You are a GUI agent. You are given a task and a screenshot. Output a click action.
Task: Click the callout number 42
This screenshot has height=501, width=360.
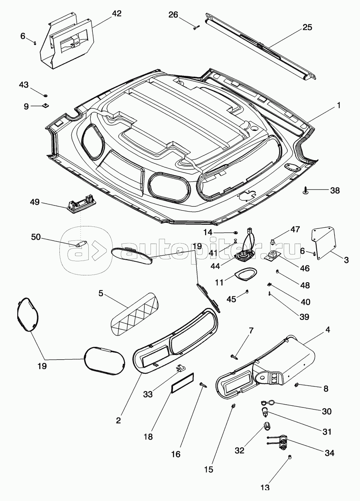point(117,13)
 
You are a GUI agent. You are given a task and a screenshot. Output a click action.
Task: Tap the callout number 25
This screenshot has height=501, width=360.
point(307,27)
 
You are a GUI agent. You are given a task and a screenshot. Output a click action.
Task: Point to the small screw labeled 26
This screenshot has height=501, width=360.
point(197,27)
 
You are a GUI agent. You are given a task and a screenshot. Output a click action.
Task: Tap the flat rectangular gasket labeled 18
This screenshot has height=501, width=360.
point(183,383)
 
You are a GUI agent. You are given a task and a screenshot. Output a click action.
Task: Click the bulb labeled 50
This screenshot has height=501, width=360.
point(80,243)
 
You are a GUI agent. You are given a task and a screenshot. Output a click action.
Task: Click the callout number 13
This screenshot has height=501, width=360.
point(265,488)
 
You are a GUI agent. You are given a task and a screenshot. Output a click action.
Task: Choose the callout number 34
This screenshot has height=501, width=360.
point(329,453)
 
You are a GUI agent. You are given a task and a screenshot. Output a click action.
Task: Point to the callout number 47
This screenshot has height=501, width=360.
point(295,230)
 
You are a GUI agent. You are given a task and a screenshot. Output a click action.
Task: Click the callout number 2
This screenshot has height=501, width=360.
point(118,420)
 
